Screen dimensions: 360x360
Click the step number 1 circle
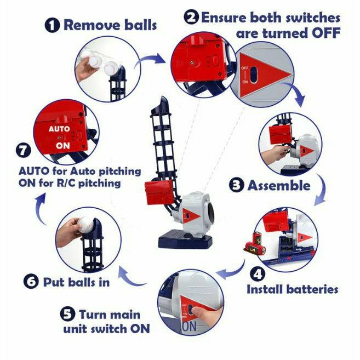(53, 25)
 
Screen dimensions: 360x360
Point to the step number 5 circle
(67, 314)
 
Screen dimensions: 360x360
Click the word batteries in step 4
(312, 289)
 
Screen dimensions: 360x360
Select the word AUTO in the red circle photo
(60, 129)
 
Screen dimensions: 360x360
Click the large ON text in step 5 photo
(189, 326)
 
